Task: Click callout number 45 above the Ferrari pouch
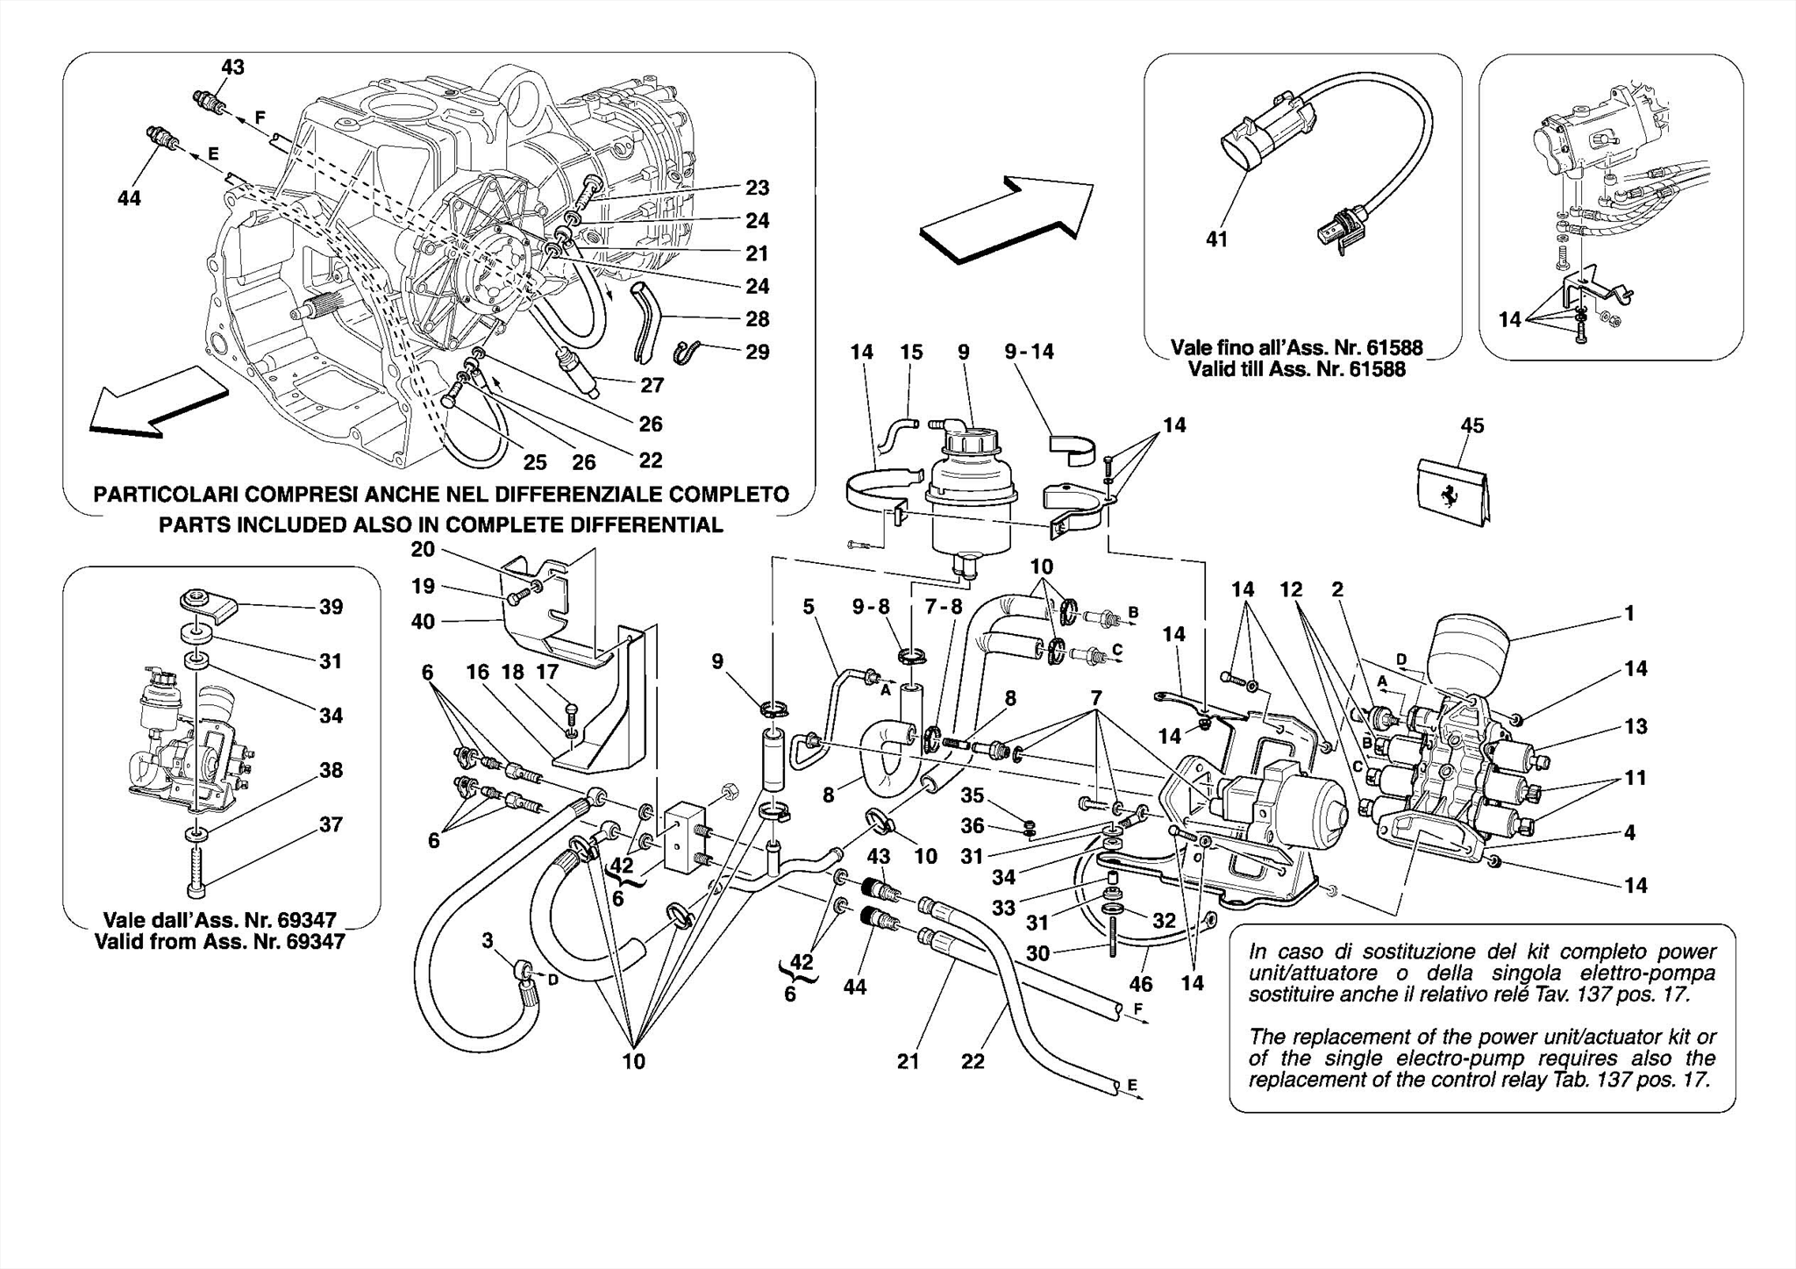[x=1472, y=425]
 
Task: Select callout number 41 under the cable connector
[x=1217, y=239]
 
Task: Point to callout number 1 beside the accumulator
[x=1629, y=614]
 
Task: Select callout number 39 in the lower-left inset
[x=331, y=607]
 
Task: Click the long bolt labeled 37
[x=196, y=865]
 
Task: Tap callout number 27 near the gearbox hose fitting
[x=652, y=385]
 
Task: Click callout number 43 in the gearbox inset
[x=232, y=68]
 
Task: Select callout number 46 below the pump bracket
[x=1140, y=984]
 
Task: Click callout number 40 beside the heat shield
[x=423, y=621]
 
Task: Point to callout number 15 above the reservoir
[x=911, y=352]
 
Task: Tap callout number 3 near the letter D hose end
[x=488, y=941]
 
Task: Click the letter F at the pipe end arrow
[x=1138, y=1009]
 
